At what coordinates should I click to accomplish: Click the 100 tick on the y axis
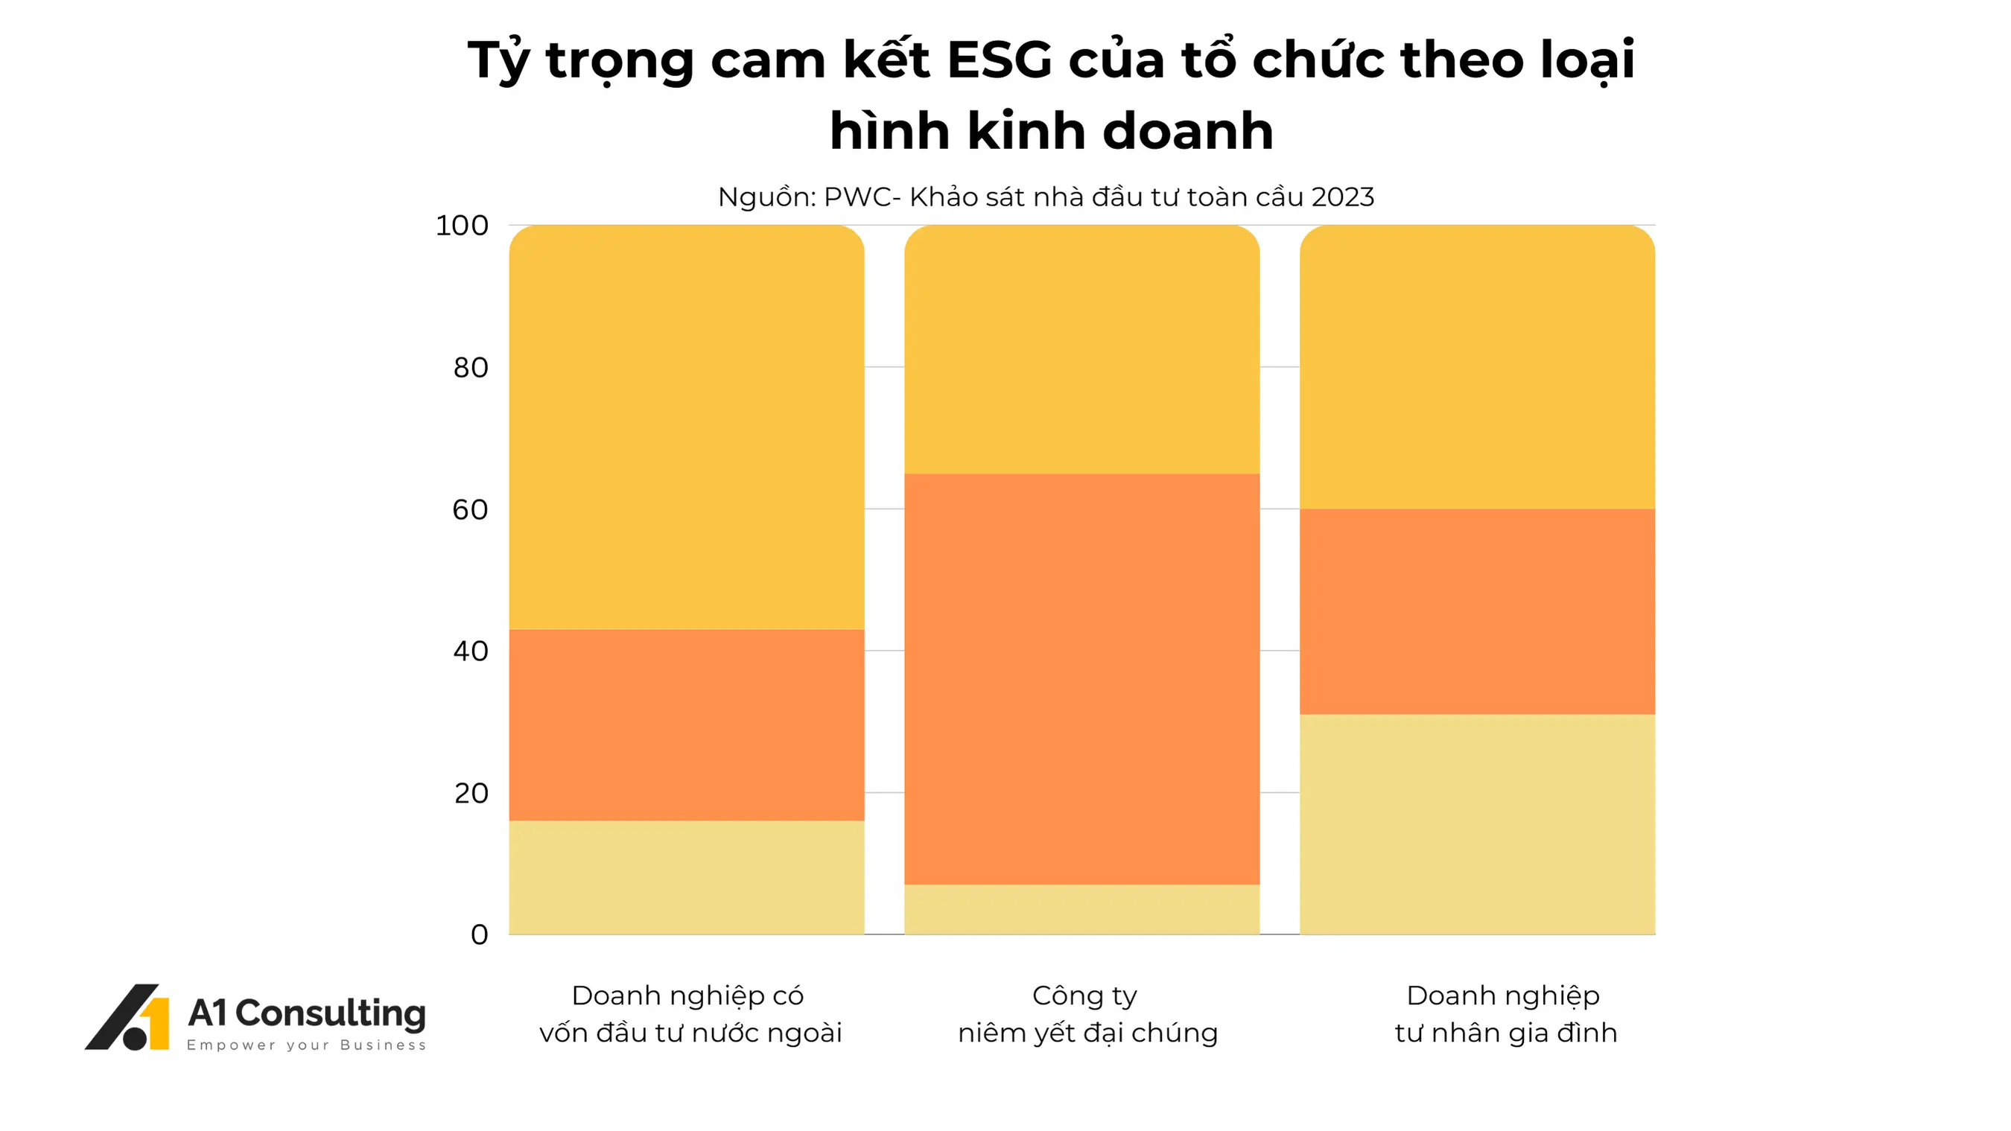coord(461,226)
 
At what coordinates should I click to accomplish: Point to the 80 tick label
coord(470,368)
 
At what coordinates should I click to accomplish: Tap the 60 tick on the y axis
coord(470,510)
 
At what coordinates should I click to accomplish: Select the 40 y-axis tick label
coord(470,651)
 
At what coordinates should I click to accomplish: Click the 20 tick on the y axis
coord(471,793)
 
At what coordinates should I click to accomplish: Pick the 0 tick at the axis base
coord(479,934)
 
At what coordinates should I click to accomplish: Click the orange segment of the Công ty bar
coord(1081,679)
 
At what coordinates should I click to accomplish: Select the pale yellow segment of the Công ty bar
coord(1081,908)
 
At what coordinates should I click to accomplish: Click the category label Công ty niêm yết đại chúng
coord(1087,1014)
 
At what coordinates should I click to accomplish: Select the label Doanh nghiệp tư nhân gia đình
coord(1505,1014)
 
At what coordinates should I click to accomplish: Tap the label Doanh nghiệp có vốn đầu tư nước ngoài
coord(690,1014)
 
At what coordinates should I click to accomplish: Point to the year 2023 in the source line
coord(1342,197)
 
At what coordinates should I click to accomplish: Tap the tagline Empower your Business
coord(306,1045)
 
